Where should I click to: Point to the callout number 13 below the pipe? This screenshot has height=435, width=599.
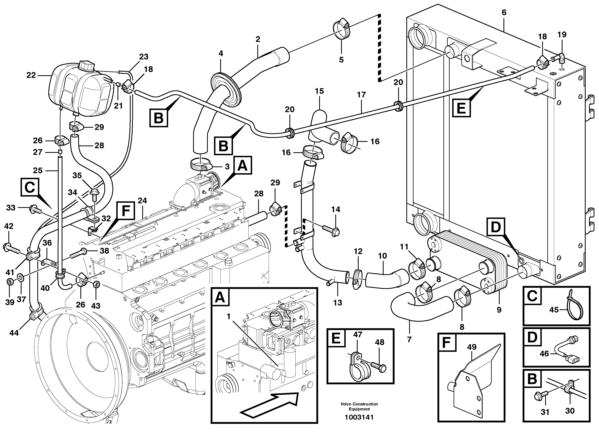[x=337, y=303]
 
